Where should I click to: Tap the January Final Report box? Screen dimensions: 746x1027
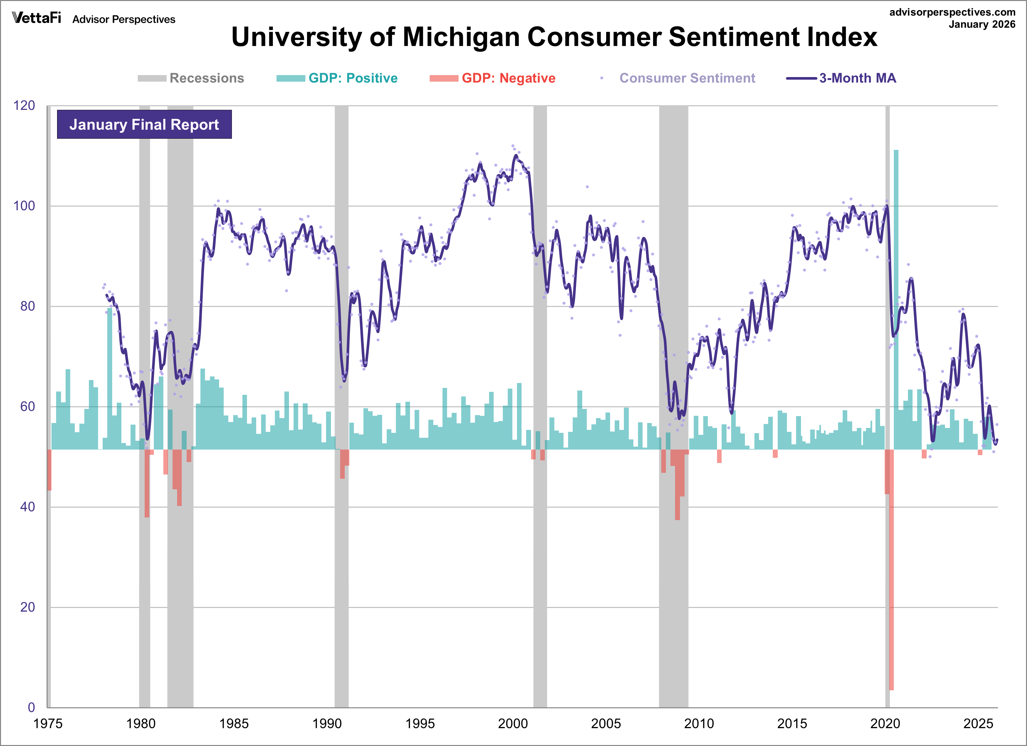pos(144,125)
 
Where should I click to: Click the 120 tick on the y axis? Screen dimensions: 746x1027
pos(24,106)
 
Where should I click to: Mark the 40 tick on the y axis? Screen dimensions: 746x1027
pos(27,507)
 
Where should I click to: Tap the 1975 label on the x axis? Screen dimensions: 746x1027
pos(48,723)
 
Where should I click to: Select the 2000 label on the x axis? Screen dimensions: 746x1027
pos(513,723)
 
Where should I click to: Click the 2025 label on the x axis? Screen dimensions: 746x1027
pos(978,723)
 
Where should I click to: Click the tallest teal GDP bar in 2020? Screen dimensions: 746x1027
pos(896,299)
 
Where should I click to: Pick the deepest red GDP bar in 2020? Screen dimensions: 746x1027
pos(891,570)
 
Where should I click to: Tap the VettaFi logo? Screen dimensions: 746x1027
pos(36,18)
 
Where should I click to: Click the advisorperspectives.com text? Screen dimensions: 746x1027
pos(952,12)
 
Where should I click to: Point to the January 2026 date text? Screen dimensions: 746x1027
pos(982,25)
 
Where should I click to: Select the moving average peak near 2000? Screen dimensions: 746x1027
pos(516,156)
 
